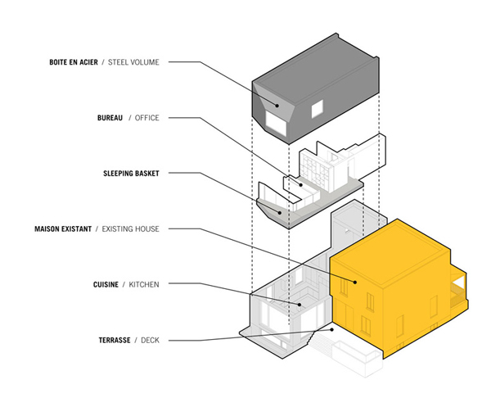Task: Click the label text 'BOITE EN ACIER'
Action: pyautogui.click(x=74, y=62)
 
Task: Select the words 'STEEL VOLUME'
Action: pyautogui.click(x=133, y=62)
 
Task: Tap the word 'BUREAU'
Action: pyautogui.click(x=110, y=118)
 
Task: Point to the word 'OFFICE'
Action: pyautogui.click(x=146, y=118)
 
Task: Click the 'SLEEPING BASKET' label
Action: pyautogui.click(x=131, y=174)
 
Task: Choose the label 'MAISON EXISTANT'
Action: pyautogui.click(x=63, y=228)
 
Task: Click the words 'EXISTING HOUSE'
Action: pyautogui.click(x=131, y=228)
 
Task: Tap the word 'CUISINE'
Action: pyautogui.click(x=106, y=284)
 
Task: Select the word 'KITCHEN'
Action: pyautogui.click(x=144, y=284)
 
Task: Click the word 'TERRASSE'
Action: pyautogui.click(x=115, y=340)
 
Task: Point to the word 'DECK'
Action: pyautogui.click(x=150, y=340)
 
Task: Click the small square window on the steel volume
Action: pyautogui.click(x=317, y=109)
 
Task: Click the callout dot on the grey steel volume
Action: pyautogui.click(x=277, y=106)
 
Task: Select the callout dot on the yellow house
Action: pyautogui.click(x=355, y=282)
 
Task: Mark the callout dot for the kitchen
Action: pyautogui.click(x=300, y=305)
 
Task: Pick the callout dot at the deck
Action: pyautogui.click(x=332, y=330)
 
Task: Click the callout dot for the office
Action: pyautogui.click(x=301, y=185)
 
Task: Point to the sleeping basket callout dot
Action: pyautogui.click(x=280, y=213)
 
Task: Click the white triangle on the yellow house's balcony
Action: pyautogui.click(x=459, y=282)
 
